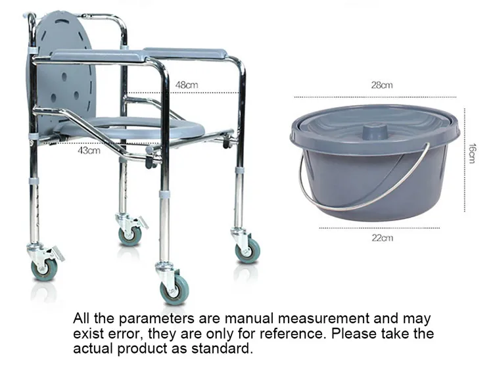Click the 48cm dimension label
(x=186, y=85)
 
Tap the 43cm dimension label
(x=89, y=150)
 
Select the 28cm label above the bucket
(x=382, y=85)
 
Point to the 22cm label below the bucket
(x=383, y=237)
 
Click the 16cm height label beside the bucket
(x=471, y=154)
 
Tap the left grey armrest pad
(x=99, y=57)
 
